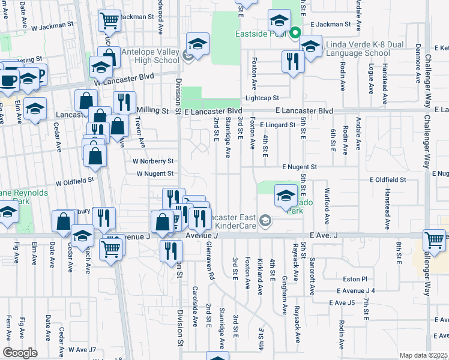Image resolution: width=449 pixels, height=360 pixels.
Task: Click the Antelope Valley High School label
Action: pos(150,56)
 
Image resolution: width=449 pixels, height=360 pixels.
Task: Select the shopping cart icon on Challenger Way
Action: pos(434,240)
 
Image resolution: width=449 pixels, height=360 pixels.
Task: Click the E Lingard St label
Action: pos(278,125)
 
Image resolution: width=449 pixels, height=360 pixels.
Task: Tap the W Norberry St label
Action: pos(153,161)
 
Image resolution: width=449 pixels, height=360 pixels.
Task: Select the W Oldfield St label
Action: pos(74,179)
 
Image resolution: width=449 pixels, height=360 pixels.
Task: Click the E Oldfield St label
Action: pos(388,179)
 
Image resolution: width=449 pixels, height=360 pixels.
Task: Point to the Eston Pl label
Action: pos(355,279)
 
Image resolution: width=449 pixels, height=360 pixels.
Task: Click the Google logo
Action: pos(20,352)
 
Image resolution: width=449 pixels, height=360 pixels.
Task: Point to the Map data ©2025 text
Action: pos(424,355)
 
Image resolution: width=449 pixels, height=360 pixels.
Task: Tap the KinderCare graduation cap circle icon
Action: pos(264,222)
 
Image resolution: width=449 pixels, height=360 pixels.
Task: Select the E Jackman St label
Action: pos(331,24)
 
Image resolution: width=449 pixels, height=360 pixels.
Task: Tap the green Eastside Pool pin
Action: pos(295,33)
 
